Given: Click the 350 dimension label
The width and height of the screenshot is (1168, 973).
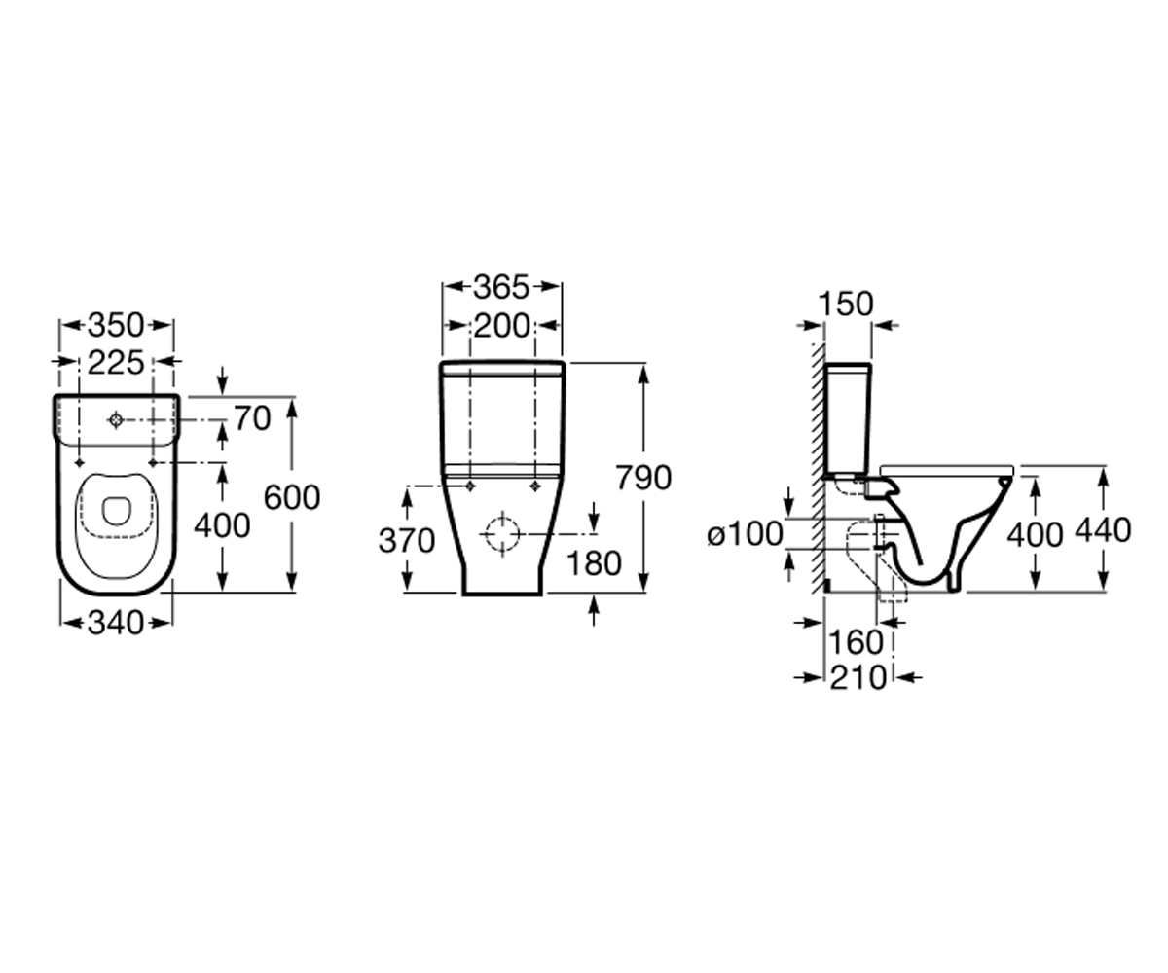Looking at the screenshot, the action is point(116,325).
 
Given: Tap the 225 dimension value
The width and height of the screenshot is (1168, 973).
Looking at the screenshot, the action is point(116,363).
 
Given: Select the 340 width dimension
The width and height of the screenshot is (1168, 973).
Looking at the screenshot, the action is point(116,623).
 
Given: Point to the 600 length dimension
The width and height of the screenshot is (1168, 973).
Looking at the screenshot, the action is point(291,497).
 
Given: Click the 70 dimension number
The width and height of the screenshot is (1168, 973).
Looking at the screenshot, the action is point(252,418).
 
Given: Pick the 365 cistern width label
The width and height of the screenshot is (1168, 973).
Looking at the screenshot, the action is point(501,287).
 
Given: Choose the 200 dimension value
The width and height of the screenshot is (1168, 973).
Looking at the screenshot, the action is point(501,326).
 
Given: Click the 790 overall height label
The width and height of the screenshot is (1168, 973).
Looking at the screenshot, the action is point(643,478).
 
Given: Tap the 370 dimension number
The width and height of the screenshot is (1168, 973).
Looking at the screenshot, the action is point(407,541).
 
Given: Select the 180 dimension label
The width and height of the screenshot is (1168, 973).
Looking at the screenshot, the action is point(594,563).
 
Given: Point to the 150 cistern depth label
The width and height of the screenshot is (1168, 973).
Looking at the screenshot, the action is point(845,305).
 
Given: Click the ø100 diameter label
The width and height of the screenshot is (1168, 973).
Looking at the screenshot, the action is point(746,533).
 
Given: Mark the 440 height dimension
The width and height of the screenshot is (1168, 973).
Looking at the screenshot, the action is point(1103,530).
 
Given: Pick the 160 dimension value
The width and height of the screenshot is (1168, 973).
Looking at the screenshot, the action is point(856,642).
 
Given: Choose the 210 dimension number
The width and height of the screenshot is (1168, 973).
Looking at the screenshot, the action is point(858,678).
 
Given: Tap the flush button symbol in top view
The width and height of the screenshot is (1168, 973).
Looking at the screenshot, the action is point(116,420).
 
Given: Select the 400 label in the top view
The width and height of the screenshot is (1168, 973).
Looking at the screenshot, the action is point(222,526).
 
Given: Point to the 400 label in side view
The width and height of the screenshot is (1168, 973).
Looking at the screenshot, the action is point(1035,535).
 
